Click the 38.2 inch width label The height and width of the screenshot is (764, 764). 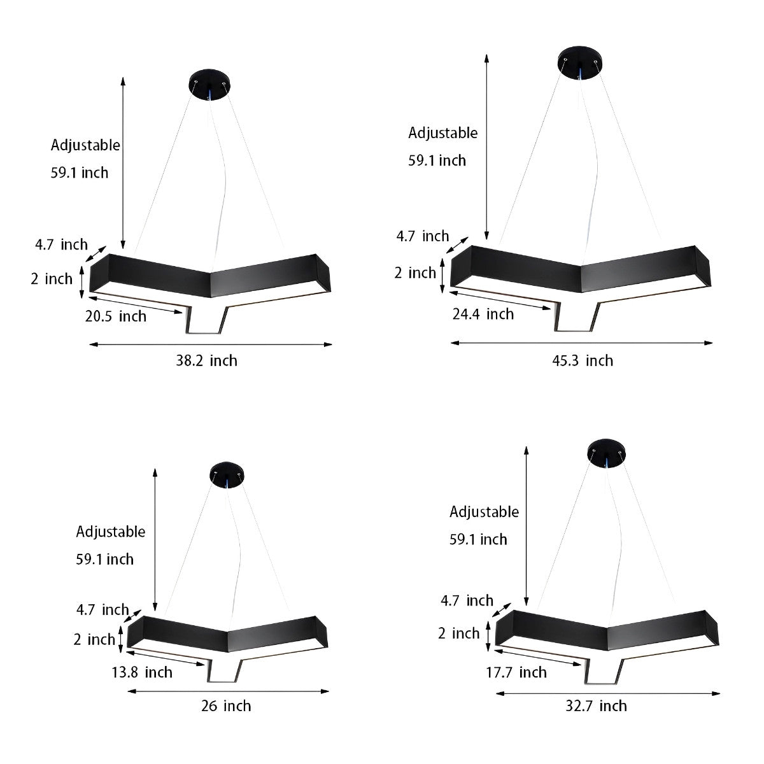206,361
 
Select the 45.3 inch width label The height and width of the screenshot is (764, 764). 583,361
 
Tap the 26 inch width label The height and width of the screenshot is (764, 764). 226,706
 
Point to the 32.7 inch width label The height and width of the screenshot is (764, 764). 596,706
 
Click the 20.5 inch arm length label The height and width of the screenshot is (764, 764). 116,316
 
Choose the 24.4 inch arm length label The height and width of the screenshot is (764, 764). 483,314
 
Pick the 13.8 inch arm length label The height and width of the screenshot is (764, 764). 142,672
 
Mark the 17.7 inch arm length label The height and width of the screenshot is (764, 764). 516,672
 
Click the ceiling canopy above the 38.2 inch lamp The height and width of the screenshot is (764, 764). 209,85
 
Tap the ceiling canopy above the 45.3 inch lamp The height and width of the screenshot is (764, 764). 580,62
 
